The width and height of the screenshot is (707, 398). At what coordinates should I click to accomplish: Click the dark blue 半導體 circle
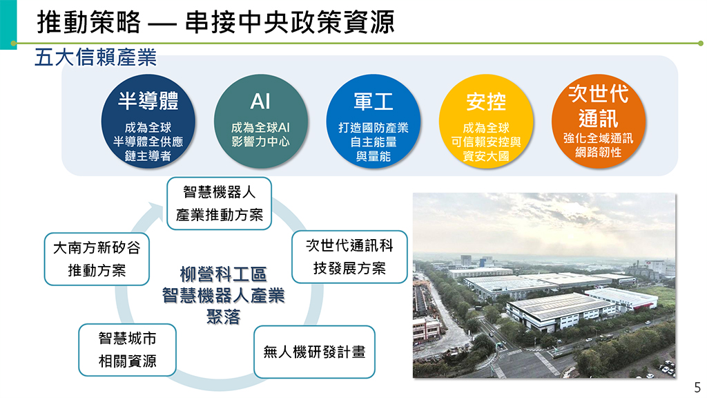point(148,122)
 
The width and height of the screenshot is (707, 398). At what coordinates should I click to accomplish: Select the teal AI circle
point(260,122)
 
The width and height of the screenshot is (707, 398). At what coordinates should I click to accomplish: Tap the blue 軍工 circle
point(374,122)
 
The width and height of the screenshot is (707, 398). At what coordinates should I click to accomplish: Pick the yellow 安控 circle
point(486,122)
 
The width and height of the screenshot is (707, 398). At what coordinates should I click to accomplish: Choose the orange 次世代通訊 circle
point(599,122)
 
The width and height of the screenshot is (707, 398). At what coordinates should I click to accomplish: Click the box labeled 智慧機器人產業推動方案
point(219,204)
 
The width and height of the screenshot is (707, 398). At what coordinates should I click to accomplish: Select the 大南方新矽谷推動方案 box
point(97,259)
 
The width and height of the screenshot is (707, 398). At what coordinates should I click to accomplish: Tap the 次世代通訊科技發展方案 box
point(349,257)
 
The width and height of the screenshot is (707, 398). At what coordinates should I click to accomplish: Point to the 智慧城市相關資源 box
point(127,350)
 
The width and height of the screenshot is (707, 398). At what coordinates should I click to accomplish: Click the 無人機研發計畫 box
point(314,352)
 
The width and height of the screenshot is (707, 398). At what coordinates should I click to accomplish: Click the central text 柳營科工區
point(223,274)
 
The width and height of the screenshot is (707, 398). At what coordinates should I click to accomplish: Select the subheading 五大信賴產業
point(95,57)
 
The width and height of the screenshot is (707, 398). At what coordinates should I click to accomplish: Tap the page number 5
point(697,387)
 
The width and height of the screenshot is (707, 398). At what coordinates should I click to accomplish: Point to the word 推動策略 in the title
point(89,22)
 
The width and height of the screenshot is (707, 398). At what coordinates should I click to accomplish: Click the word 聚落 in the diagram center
point(223,316)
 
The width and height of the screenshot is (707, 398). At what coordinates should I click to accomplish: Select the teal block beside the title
point(8,24)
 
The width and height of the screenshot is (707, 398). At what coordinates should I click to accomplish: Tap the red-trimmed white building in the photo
point(621,298)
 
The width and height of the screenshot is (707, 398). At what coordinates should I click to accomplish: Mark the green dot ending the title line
point(700,44)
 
